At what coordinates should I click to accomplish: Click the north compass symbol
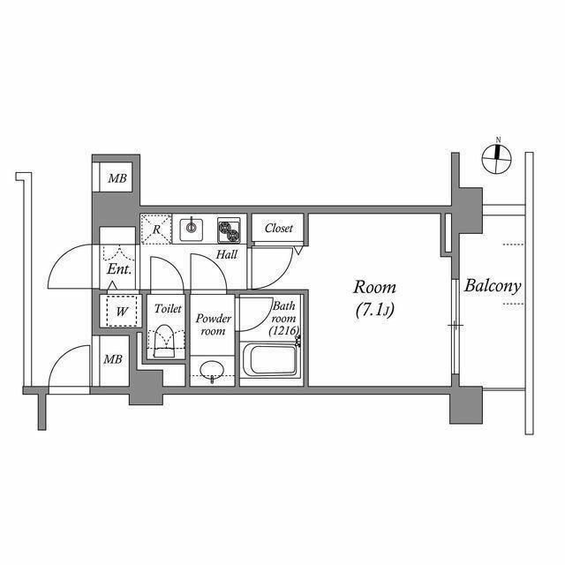coord(498,159)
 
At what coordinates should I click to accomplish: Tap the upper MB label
coord(117,178)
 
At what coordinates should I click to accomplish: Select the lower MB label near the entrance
coord(112,359)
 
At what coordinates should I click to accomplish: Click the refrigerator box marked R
coord(156,230)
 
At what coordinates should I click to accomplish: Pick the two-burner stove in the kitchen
coord(229,230)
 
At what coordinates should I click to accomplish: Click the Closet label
coord(279,228)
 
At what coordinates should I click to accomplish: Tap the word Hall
coord(227,255)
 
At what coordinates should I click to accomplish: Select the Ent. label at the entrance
coord(118,269)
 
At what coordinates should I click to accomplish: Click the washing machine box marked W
coord(118,310)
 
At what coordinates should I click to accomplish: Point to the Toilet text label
coord(168,309)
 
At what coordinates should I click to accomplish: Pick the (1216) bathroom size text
coord(285,330)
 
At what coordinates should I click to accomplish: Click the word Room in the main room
coord(375,288)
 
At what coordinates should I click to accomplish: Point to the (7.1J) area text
coord(375,311)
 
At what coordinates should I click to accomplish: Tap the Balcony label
coord(493,286)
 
